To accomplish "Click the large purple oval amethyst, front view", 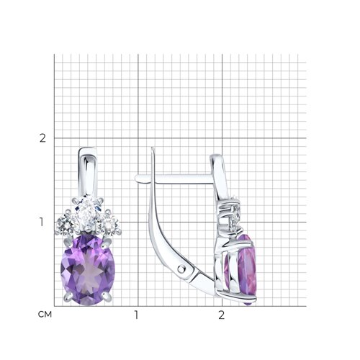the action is click(x=88, y=270).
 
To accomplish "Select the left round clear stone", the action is click(x=66, y=224).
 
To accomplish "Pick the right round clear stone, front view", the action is click(x=109, y=224).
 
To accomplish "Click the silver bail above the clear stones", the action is click(x=87, y=171).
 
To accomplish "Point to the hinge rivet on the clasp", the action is click(x=183, y=269).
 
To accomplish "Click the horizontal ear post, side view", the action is click(x=174, y=179).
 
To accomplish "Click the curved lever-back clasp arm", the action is click(x=168, y=240).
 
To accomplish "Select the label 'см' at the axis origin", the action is click(x=45, y=314).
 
